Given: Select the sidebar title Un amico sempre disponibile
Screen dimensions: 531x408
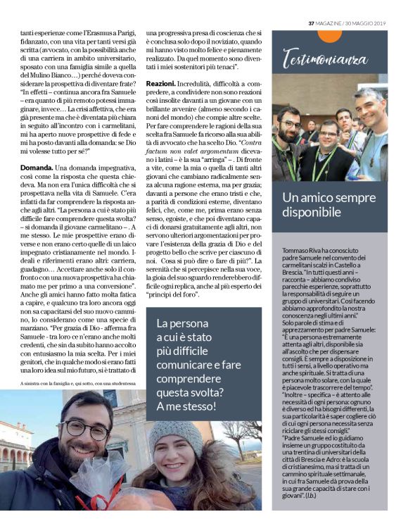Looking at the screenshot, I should click(329, 204).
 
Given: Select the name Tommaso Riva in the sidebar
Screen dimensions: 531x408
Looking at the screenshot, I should click(294, 251).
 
